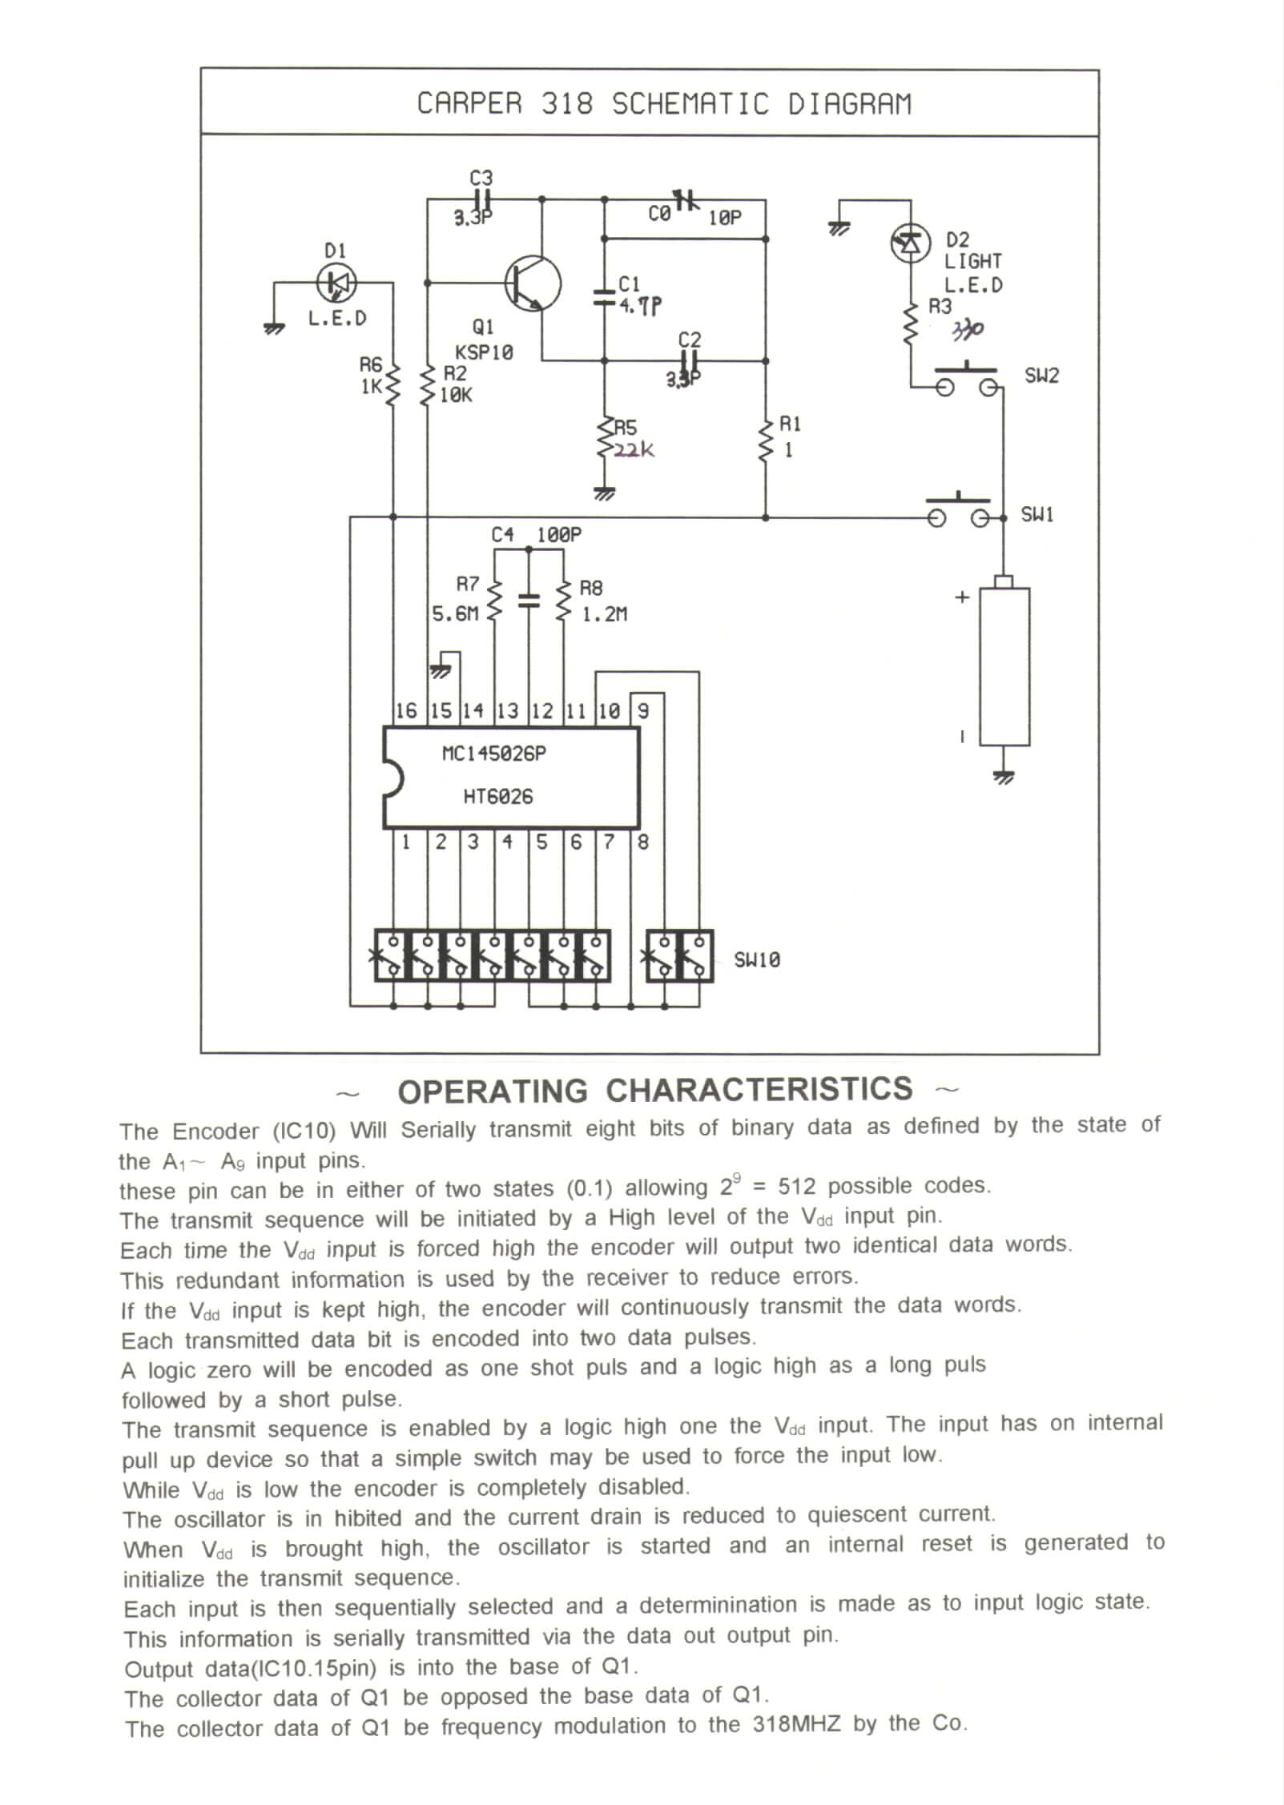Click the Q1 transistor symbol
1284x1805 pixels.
(533, 283)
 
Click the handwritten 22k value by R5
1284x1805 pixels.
(634, 450)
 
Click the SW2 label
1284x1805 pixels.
(1041, 376)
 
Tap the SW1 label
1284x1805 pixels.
(1037, 514)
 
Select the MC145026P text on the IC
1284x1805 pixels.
(494, 754)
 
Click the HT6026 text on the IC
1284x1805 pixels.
(497, 797)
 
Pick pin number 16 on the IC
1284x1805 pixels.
(406, 711)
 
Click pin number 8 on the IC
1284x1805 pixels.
(642, 842)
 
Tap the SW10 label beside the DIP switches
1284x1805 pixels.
(757, 959)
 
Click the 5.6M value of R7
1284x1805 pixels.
(455, 614)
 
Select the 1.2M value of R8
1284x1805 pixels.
(604, 614)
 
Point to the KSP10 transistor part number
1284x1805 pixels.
(484, 352)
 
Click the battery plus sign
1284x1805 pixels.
(962, 597)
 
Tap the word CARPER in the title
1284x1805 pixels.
(469, 104)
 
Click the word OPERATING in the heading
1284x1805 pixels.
(493, 1091)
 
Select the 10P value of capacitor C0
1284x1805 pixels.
(725, 217)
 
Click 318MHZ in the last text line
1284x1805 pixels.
(797, 1723)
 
